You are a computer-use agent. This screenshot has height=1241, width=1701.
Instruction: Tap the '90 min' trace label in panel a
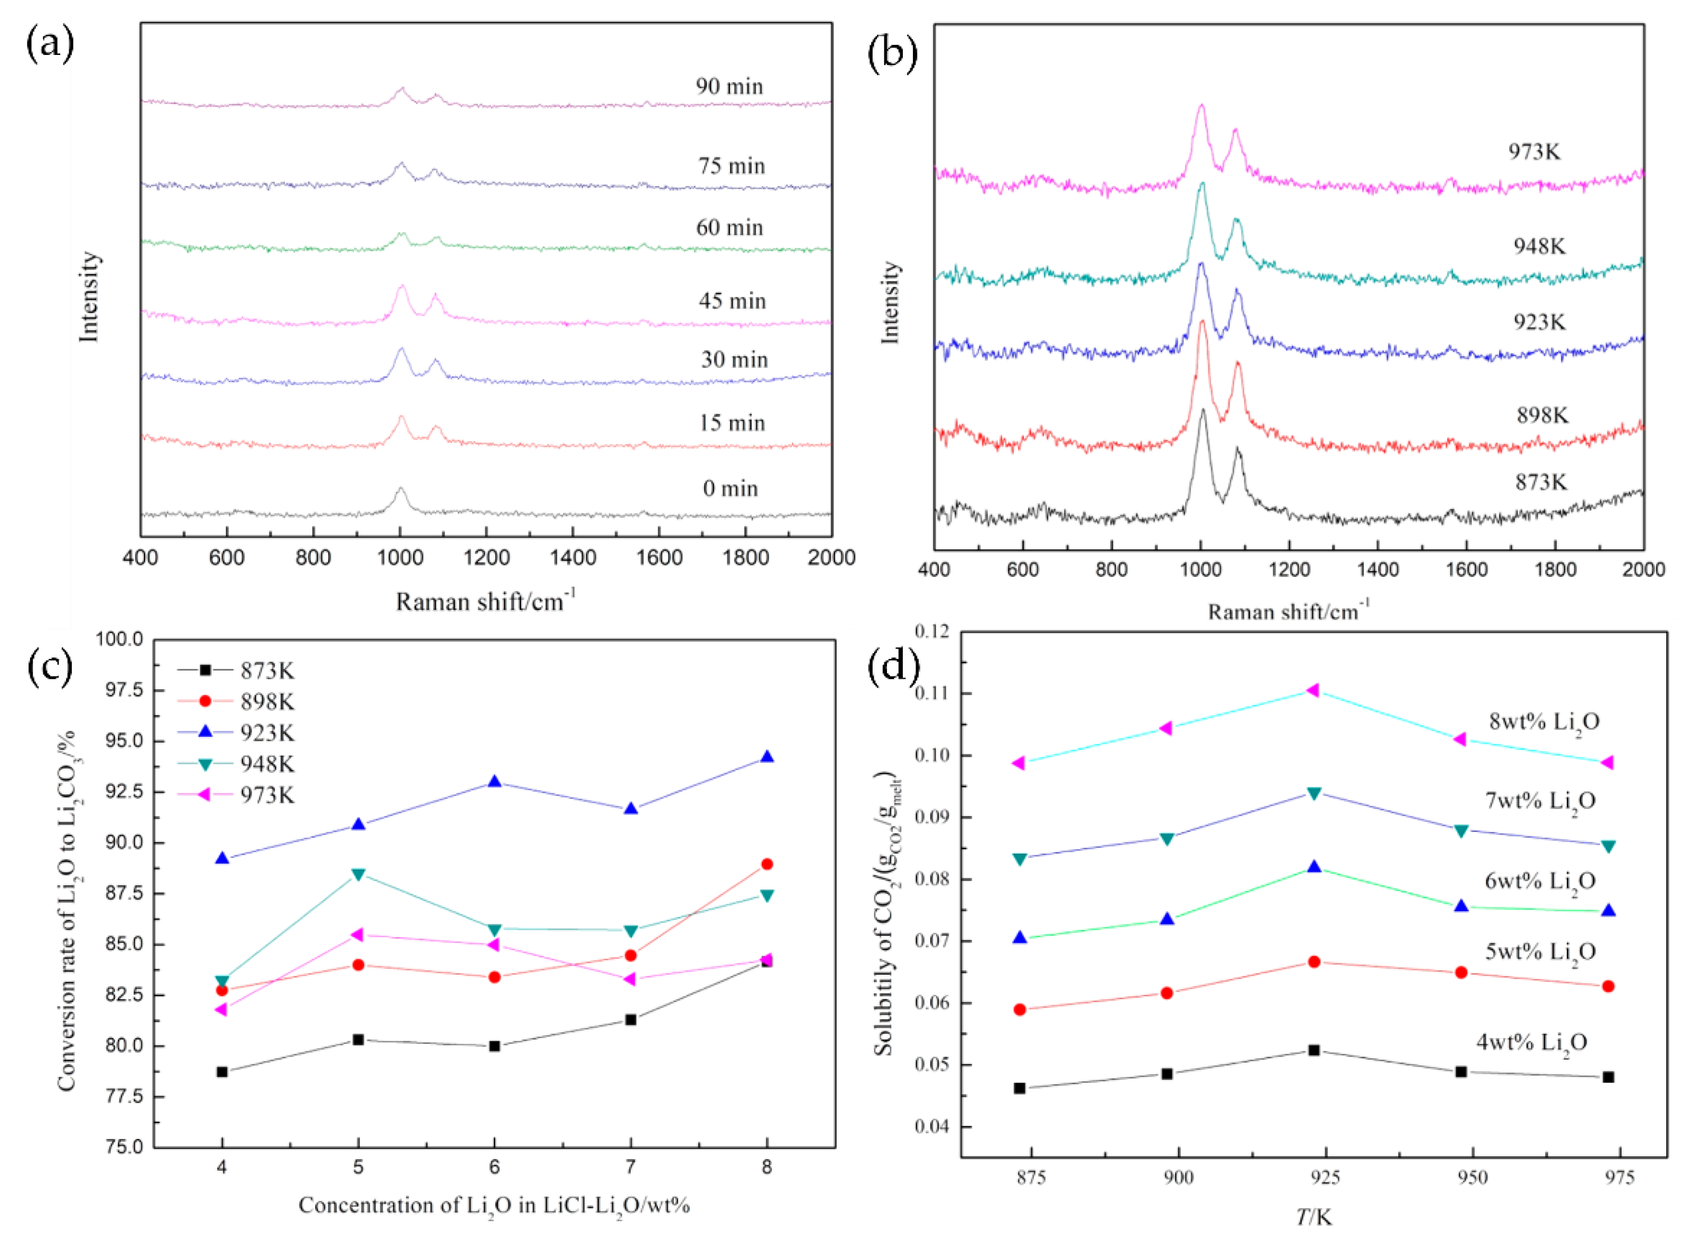point(729,86)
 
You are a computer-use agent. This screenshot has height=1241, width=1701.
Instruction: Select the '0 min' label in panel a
point(731,489)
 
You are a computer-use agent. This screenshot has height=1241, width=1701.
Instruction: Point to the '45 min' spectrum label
point(732,301)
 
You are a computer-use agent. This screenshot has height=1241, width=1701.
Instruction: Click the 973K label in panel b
point(1534,152)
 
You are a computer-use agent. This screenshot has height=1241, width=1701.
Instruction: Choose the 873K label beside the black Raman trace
point(1541,482)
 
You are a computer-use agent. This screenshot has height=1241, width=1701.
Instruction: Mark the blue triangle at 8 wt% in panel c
point(766,757)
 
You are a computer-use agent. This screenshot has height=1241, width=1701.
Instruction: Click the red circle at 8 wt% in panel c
point(766,864)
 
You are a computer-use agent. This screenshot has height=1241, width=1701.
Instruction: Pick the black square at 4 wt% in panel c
point(221,1072)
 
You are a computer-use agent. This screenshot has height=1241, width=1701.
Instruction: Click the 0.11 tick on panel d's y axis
point(932,693)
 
